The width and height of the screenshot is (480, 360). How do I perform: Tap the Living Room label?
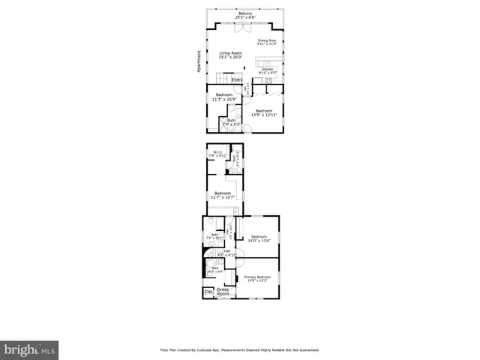[x=230, y=55]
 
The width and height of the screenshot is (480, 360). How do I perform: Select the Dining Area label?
[x=267, y=42]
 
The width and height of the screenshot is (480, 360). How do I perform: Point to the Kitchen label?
[x=267, y=71]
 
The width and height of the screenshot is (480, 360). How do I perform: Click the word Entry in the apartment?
[x=237, y=79]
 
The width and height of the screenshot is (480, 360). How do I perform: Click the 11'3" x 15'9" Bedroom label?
[x=224, y=97]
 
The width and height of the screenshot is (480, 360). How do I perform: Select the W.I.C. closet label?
[x=218, y=154]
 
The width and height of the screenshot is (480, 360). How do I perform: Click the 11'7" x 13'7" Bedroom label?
[x=222, y=195]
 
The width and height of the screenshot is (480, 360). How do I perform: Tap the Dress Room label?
[x=223, y=292]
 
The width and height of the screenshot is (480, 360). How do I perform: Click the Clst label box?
[x=208, y=292]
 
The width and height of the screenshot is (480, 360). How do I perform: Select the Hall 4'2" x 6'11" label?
[x=226, y=253]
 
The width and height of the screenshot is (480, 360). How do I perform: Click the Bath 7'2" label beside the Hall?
[x=214, y=236]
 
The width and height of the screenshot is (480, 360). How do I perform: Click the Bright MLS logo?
[x=29, y=349]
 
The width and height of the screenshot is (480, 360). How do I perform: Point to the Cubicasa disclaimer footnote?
[x=240, y=349]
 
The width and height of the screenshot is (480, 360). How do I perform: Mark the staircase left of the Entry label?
[x=222, y=79]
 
